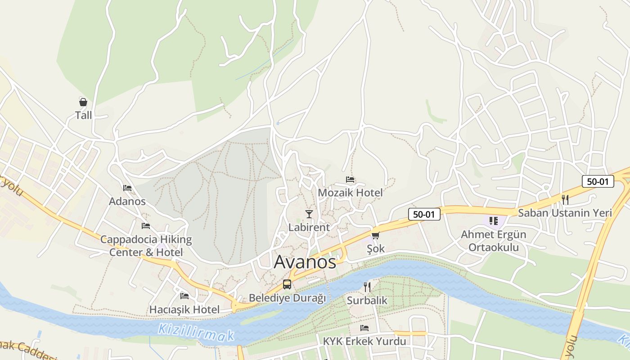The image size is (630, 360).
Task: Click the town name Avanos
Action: (x=305, y=262)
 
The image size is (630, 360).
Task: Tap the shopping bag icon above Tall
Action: (x=83, y=102)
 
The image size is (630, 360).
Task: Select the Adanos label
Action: (x=127, y=201)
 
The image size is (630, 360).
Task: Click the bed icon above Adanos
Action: (x=127, y=188)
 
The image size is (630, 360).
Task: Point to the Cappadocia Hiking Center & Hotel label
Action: (x=146, y=246)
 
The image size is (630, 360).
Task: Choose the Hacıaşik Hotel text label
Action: (x=184, y=310)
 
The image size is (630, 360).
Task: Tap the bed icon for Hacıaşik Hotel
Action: (x=184, y=296)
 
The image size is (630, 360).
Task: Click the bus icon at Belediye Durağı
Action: (x=287, y=284)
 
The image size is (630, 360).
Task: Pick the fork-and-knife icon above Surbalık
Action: (x=367, y=287)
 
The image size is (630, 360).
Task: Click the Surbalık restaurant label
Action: (x=367, y=300)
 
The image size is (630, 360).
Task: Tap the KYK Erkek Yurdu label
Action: (x=364, y=342)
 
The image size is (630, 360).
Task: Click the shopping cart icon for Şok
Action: (x=375, y=235)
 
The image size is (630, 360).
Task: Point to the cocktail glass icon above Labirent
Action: (x=309, y=214)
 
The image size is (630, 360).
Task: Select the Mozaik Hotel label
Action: (x=350, y=193)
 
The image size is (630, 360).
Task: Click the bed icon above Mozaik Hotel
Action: (x=350, y=180)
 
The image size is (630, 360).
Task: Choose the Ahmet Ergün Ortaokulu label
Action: (x=494, y=241)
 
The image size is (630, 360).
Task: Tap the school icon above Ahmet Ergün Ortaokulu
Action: (x=494, y=221)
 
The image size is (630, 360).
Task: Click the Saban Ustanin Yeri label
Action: (x=565, y=213)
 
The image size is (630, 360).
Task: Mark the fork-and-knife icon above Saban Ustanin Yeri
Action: (x=565, y=199)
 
